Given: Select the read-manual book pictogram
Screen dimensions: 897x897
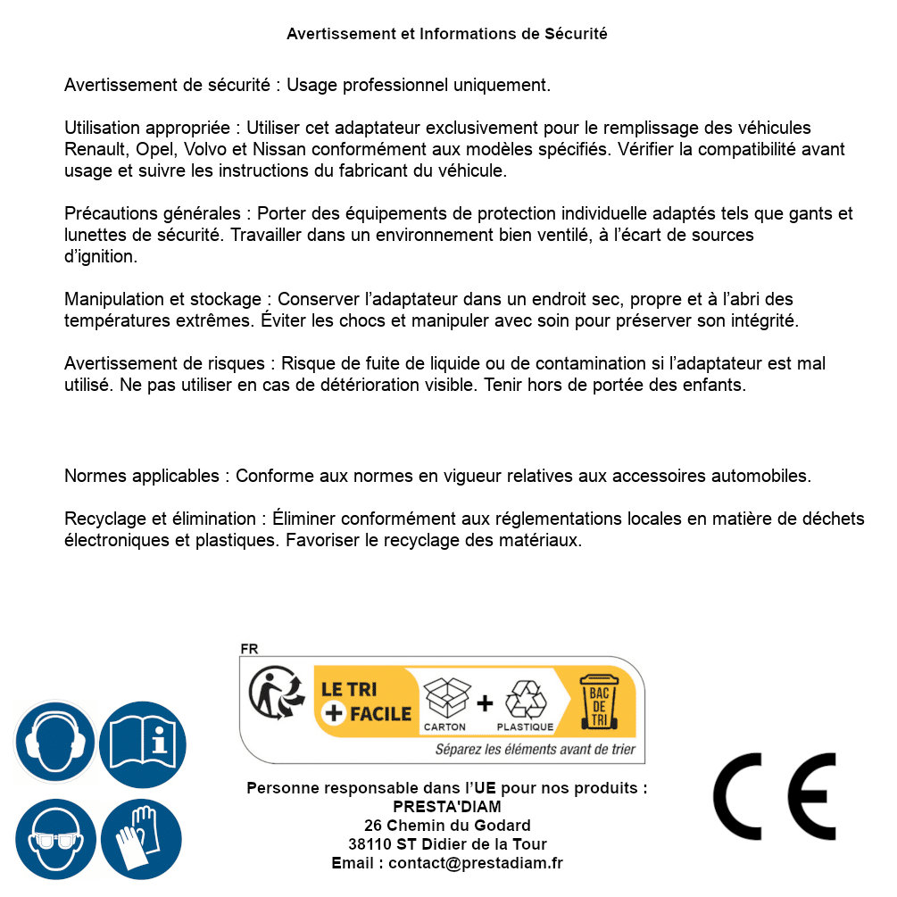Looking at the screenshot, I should (143, 743).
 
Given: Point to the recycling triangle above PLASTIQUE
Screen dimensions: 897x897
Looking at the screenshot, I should (525, 700).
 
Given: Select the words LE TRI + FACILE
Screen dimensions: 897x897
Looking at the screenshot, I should (366, 702).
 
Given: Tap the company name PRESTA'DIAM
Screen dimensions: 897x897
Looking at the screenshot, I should (447, 807).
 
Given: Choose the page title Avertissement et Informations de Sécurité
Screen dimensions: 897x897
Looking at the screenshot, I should (447, 34).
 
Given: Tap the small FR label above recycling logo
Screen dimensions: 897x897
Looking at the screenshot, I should (249, 649).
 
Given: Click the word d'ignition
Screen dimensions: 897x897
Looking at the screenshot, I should (101, 257).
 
